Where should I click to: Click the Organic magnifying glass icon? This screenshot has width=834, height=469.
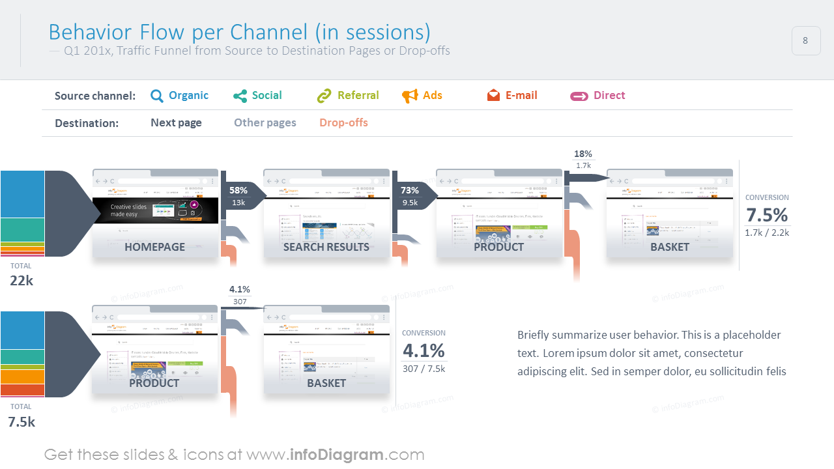(x=157, y=96)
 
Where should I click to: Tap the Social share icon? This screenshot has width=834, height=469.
(x=240, y=96)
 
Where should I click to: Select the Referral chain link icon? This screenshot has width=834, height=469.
(x=324, y=96)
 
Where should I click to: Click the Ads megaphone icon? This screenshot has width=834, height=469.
(x=410, y=96)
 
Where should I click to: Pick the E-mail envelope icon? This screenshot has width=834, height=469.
(x=493, y=96)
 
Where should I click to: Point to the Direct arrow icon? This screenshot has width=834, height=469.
(x=579, y=96)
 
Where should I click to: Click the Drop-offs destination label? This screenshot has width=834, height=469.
(x=343, y=122)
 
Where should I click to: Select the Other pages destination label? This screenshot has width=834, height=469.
(x=265, y=122)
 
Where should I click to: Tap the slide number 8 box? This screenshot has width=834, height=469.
(x=805, y=40)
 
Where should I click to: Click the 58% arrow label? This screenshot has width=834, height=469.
(x=238, y=191)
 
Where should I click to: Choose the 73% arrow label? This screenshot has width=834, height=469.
(x=410, y=191)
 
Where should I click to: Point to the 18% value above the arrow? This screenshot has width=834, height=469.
(x=583, y=154)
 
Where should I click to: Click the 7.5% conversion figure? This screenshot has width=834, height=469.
(x=767, y=215)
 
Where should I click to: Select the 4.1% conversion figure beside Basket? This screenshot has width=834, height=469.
(x=424, y=350)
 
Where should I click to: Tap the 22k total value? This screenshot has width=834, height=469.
(x=22, y=281)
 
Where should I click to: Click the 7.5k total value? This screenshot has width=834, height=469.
(x=22, y=421)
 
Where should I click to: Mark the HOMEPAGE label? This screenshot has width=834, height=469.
(x=155, y=247)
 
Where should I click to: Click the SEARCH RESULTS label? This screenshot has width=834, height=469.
(x=326, y=247)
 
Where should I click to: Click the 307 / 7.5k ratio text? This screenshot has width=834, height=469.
(x=424, y=369)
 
